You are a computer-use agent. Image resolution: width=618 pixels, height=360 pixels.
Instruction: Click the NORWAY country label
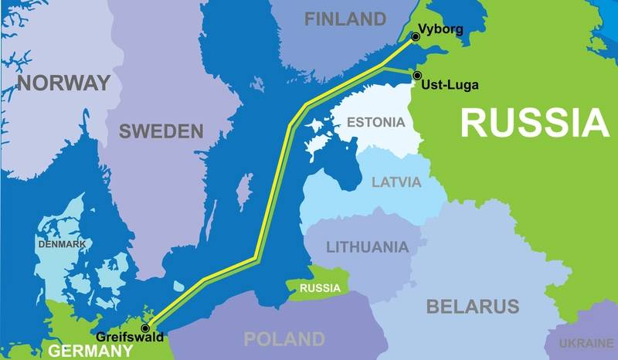[64, 83]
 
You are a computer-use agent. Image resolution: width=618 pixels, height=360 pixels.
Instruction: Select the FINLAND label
[345, 19]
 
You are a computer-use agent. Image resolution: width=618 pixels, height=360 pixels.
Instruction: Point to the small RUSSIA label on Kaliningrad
[320, 288]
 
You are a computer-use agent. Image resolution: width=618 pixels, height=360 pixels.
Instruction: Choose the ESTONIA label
[375, 122]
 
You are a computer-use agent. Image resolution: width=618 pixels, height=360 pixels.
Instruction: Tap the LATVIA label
[396, 182]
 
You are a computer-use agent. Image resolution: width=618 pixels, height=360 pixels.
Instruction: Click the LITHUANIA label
[367, 247]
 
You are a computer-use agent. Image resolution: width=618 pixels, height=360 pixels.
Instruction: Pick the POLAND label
[284, 338]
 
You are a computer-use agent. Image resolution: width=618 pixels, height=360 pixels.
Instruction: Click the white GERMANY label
[91, 351]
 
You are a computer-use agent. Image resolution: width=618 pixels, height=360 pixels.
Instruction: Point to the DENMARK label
[63, 244]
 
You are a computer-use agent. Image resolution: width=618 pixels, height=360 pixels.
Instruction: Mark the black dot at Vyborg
[416, 36]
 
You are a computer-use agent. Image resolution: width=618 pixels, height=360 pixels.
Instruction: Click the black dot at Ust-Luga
[417, 76]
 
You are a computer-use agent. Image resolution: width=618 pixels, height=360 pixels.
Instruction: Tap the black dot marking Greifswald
[146, 328]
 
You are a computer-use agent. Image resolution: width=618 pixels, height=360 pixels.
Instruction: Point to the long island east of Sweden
[246, 188]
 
